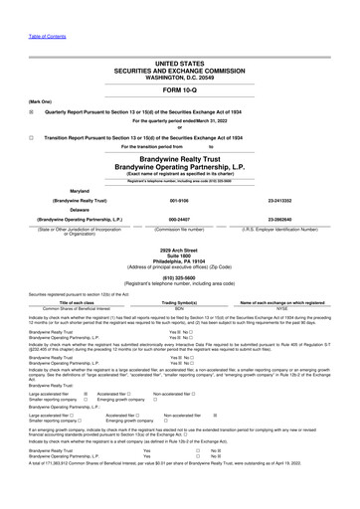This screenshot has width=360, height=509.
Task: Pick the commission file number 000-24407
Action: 180,222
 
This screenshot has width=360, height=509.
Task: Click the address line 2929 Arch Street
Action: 180,250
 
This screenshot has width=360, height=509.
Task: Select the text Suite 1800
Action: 180,255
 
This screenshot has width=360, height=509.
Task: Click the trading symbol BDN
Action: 180,309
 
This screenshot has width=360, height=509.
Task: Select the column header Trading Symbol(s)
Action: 180,302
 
